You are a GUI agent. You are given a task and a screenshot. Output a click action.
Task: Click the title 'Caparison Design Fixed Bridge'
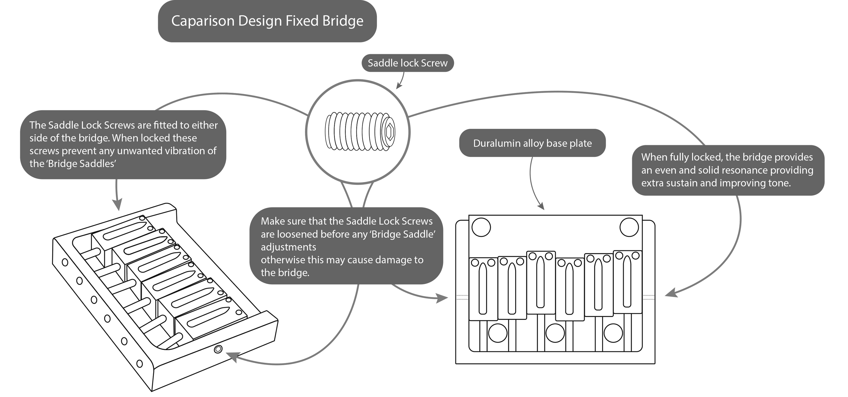267,21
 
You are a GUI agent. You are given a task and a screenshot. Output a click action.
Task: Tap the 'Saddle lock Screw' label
408,63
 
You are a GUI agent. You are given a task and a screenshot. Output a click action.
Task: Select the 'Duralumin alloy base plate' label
532,143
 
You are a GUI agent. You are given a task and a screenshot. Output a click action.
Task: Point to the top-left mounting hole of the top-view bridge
481,227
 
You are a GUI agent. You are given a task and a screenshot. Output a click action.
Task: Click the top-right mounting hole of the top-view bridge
629,227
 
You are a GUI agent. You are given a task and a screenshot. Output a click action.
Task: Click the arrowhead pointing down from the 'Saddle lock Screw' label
398,86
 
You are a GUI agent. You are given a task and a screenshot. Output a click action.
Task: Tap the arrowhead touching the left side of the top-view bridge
442,298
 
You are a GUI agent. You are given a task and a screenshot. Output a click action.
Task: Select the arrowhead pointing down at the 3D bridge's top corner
117,205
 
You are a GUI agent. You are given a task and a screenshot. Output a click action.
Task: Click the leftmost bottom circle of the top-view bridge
497,333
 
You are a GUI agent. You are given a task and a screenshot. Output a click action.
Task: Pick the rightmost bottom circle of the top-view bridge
613,333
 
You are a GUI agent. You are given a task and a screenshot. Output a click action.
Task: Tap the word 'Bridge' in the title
343,21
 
